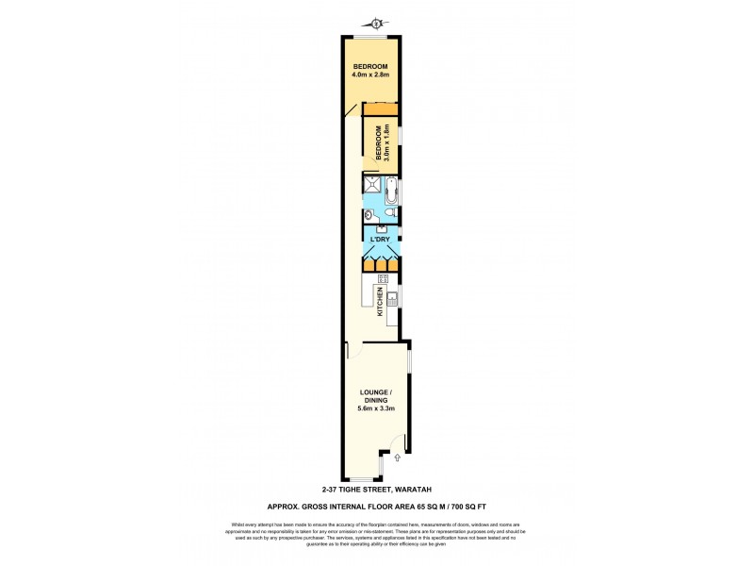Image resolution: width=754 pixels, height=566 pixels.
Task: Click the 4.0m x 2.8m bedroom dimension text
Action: (370, 74)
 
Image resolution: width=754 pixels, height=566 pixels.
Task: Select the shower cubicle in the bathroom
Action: (373, 187)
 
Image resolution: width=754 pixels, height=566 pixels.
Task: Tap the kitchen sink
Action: (394, 301)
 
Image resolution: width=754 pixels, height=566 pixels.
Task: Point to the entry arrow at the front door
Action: (397, 458)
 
